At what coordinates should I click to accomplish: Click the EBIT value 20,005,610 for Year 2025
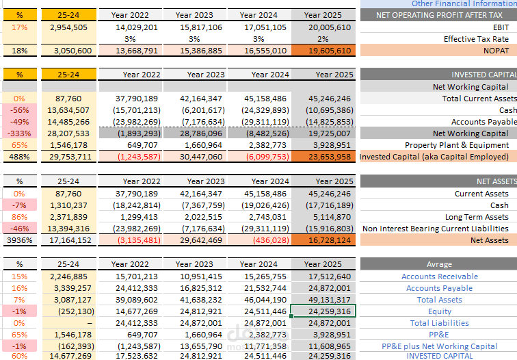tap(330, 27)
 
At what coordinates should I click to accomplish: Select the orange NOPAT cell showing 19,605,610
tap(323, 51)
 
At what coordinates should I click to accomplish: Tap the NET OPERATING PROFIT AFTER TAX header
tap(439, 15)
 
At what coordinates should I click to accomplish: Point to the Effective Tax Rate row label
tap(476, 39)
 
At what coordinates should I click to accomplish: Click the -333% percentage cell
tap(20, 133)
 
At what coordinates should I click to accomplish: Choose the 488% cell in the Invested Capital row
tap(20, 157)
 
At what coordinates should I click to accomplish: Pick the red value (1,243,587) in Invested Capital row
tap(139, 157)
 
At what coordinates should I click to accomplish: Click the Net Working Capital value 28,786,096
tap(201, 133)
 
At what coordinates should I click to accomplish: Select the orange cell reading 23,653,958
tap(323, 157)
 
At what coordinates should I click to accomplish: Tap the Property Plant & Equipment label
tap(457, 145)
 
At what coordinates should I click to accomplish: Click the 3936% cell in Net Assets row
tap(20, 240)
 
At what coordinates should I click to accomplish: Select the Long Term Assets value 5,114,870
tap(330, 217)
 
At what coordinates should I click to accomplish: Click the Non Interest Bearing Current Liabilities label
tap(436, 229)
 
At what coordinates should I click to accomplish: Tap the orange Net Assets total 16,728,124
tap(323, 240)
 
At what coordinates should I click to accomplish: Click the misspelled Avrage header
tap(439, 264)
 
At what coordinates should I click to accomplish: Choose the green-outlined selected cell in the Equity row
tap(323, 311)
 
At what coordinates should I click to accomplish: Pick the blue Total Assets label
tap(440, 300)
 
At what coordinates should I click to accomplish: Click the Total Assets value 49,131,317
tap(330, 300)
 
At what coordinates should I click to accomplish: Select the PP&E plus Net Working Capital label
tap(440, 346)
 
